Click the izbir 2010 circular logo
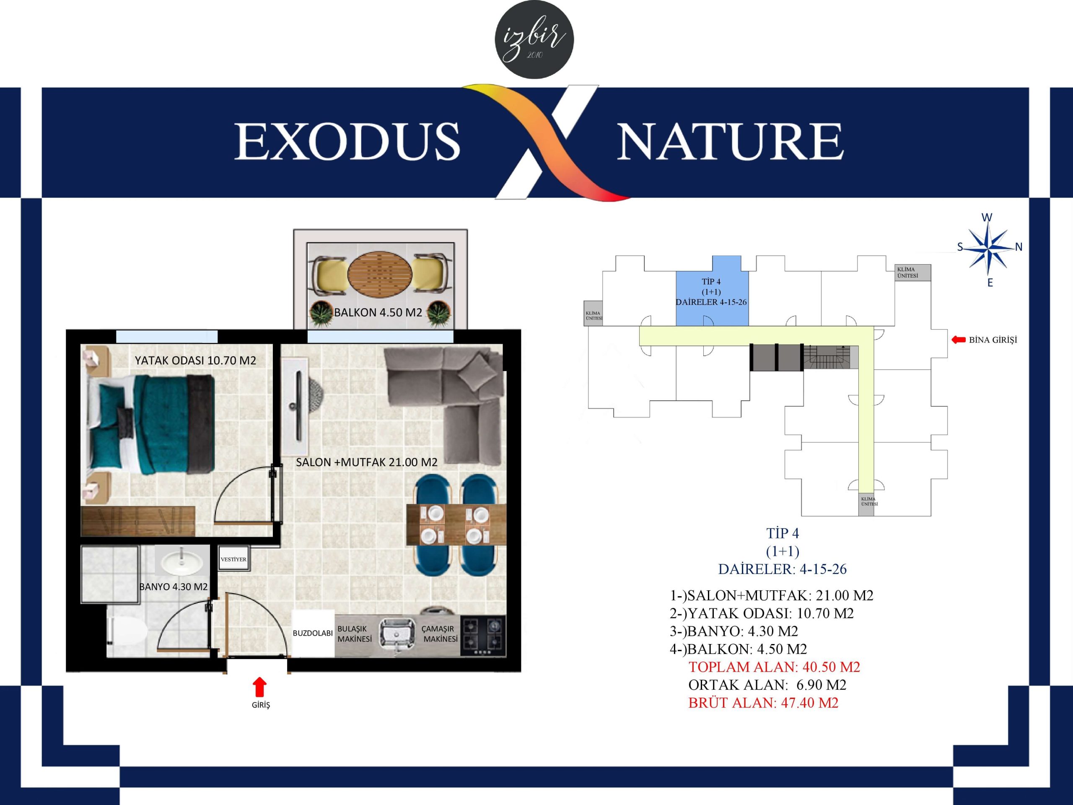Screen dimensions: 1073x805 coord(534,39)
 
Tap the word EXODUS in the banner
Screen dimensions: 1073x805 coord(347,141)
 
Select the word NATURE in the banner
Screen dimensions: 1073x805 coord(730,141)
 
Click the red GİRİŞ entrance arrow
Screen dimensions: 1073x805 coord(260,687)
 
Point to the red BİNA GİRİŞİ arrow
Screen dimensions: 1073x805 coord(959,340)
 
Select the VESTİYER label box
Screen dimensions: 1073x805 coord(233,559)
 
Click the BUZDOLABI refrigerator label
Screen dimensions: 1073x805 coord(313,633)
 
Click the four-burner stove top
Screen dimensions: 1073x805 coord(483,636)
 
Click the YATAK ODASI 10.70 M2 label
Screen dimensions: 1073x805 coord(195,361)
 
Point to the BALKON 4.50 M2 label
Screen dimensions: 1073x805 coord(378,312)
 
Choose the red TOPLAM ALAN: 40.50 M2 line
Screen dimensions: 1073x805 coord(774,667)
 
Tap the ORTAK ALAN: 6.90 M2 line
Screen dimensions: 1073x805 coord(767,685)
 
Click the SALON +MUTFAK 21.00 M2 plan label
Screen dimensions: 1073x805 coord(367,462)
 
